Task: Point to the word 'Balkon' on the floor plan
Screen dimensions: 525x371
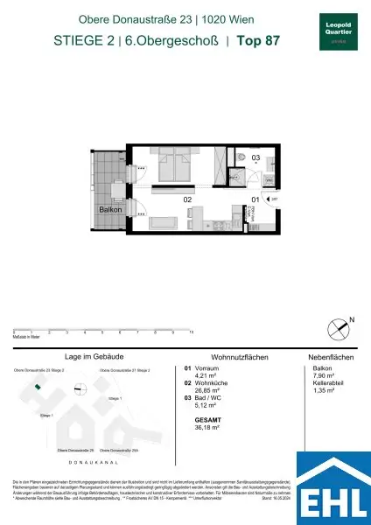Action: click(x=109, y=211)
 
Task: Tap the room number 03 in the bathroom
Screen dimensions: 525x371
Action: click(x=256, y=158)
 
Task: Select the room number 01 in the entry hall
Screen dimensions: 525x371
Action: click(x=255, y=199)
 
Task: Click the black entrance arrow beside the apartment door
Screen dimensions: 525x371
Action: click(x=269, y=200)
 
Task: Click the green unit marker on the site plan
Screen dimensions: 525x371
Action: click(x=36, y=386)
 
